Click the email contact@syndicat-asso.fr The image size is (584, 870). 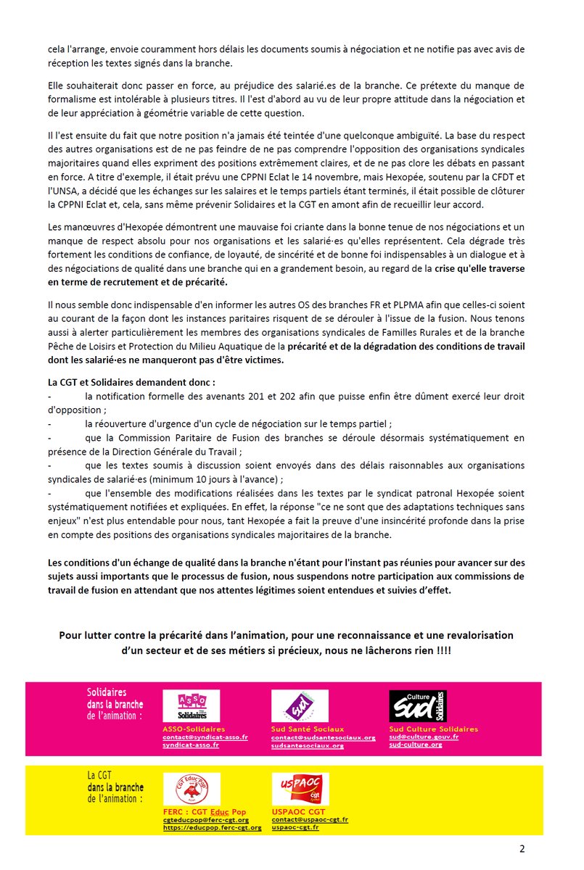pos(205,737)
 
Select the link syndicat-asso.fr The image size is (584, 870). pos(191,745)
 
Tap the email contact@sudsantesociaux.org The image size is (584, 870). pos(324,737)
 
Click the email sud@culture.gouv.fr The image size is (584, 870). pos(424,737)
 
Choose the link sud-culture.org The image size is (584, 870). pos(416,745)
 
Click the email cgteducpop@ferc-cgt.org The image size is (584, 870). pos(206,819)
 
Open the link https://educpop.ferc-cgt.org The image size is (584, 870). pos(212,827)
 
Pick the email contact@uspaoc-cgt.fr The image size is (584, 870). pos(310,819)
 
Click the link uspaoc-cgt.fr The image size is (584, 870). pos(295,827)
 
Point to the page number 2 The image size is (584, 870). pos(522,849)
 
